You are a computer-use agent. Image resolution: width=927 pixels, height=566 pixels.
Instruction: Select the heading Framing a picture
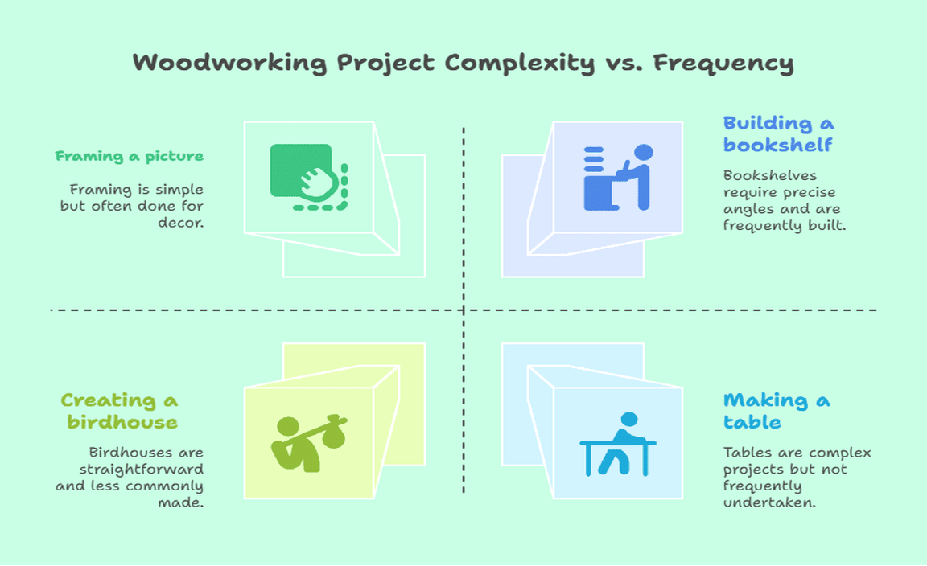click(130, 156)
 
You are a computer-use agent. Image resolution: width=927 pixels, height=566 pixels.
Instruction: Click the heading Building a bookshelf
click(778, 134)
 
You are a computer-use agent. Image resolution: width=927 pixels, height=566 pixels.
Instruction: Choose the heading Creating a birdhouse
click(119, 411)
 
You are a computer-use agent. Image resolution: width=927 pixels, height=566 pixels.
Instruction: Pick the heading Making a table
click(777, 411)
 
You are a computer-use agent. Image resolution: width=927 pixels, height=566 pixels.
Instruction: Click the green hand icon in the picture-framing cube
click(309, 177)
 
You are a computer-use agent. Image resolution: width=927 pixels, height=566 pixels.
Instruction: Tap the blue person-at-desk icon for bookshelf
click(618, 177)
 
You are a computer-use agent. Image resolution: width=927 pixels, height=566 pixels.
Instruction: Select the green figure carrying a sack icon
click(309, 443)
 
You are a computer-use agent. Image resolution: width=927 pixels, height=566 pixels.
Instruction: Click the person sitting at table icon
click(618, 444)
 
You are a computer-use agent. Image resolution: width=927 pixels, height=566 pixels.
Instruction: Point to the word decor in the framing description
click(181, 223)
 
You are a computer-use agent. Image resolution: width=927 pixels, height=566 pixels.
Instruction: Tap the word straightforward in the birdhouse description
click(142, 469)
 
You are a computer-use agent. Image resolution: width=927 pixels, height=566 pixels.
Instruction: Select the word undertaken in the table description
click(770, 502)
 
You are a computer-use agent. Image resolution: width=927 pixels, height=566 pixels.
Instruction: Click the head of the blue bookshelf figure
click(643, 153)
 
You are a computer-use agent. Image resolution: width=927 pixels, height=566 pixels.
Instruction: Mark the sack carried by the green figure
click(334, 433)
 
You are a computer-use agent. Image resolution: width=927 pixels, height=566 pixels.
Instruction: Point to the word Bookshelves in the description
click(770, 175)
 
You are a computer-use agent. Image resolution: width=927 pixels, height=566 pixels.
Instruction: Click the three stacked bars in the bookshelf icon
click(594, 159)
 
